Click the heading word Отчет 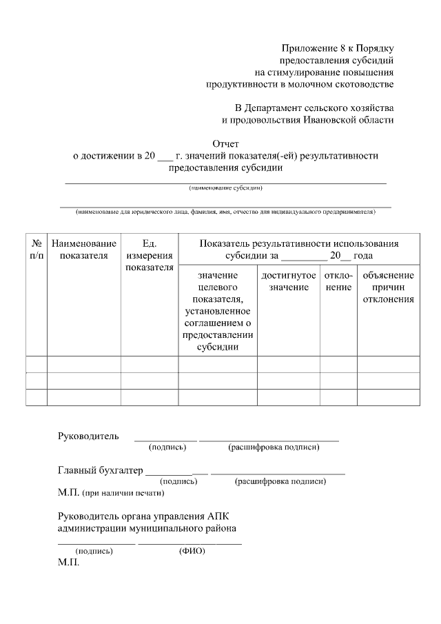point(226,143)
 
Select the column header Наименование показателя point(83,250)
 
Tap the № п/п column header point(36,250)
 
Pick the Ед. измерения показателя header point(150,255)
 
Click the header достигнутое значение point(289,281)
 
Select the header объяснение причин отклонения point(388,287)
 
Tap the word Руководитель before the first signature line point(88,436)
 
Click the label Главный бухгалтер point(100,471)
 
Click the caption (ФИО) point(192,551)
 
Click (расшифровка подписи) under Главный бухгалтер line point(280,481)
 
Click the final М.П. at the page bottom point(69,563)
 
